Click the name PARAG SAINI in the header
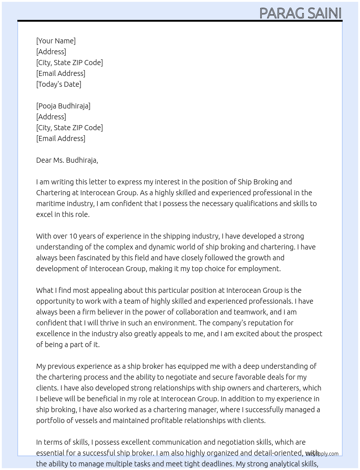point(300,13)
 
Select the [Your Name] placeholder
point(56,41)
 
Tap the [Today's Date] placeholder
point(59,84)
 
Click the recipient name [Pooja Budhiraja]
point(63,106)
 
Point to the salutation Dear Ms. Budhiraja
point(67,160)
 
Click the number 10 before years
point(73,236)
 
